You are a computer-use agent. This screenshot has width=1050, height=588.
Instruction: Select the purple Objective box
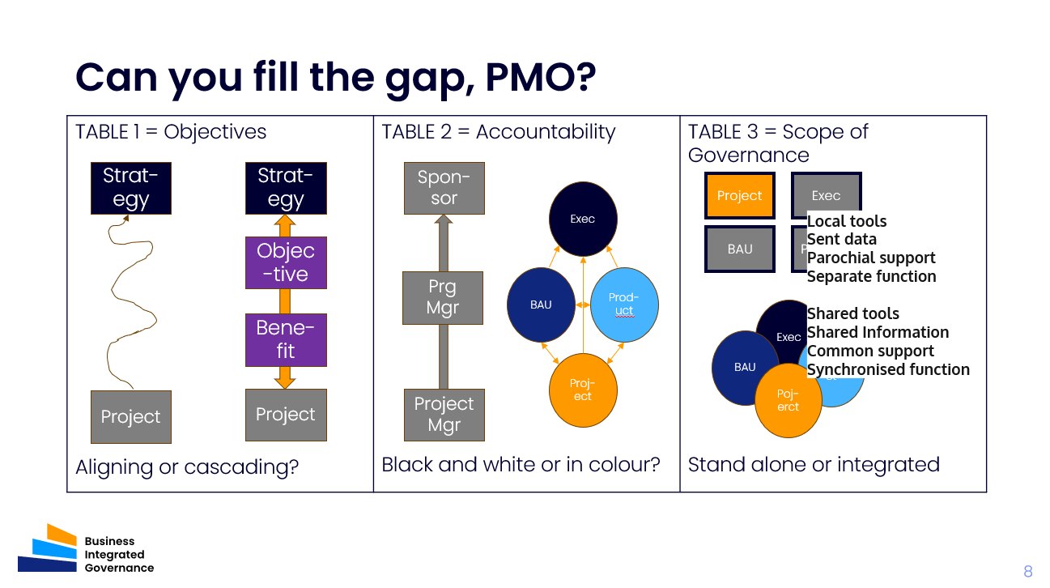(x=286, y=262)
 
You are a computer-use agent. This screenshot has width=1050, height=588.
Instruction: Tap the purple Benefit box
(x=286, y=339)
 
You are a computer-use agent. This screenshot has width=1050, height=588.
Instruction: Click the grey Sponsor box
(x=444, y=187)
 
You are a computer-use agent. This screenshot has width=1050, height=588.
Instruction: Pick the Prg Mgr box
(x=444, y=297)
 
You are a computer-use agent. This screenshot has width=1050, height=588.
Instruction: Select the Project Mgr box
(x=444, y=414)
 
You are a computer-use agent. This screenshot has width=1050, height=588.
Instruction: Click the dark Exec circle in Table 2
(x=583, y=219)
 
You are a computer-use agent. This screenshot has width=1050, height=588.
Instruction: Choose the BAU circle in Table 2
(x=541, y=305)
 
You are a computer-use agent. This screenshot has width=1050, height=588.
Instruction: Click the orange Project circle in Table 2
(x=583, y=390)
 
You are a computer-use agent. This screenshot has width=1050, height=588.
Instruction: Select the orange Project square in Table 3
(x=739, y=195)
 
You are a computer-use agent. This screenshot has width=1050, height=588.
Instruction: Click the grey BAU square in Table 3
(x=739, y=249)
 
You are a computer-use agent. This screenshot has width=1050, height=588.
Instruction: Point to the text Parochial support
(x=871, y=258)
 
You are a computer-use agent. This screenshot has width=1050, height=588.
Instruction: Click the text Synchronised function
(x=888, y=369)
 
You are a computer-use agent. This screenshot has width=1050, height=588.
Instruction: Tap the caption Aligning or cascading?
(x=187, y=467)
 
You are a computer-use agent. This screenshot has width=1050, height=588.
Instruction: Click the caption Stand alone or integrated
(x=813, y=464)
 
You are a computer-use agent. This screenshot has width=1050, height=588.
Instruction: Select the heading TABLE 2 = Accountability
(x=498, y=132)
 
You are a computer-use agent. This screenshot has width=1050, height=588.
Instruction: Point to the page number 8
(x=1027, y=571)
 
